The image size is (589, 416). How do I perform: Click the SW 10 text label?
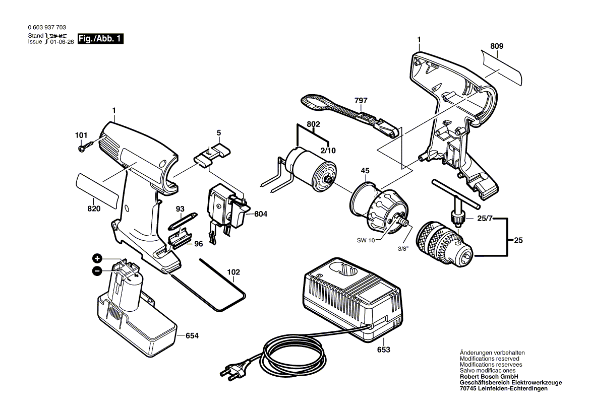pyautogui.click(x=366, y=241)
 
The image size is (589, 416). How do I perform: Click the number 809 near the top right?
pyautogui.click(x=496, y=46)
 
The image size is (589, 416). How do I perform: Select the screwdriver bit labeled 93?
pyautogui.click(x=182, y=220)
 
